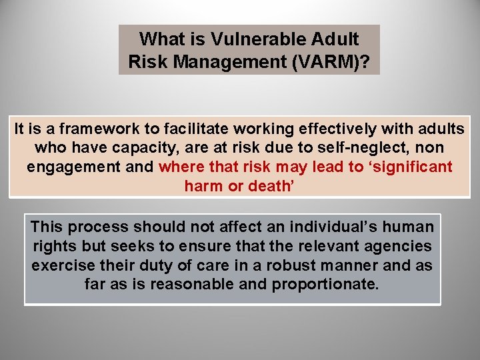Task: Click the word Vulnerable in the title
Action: pos(249,39)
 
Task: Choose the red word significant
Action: pos(409,167)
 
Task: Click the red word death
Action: pos(270,186)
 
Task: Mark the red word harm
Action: pos(204,186)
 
